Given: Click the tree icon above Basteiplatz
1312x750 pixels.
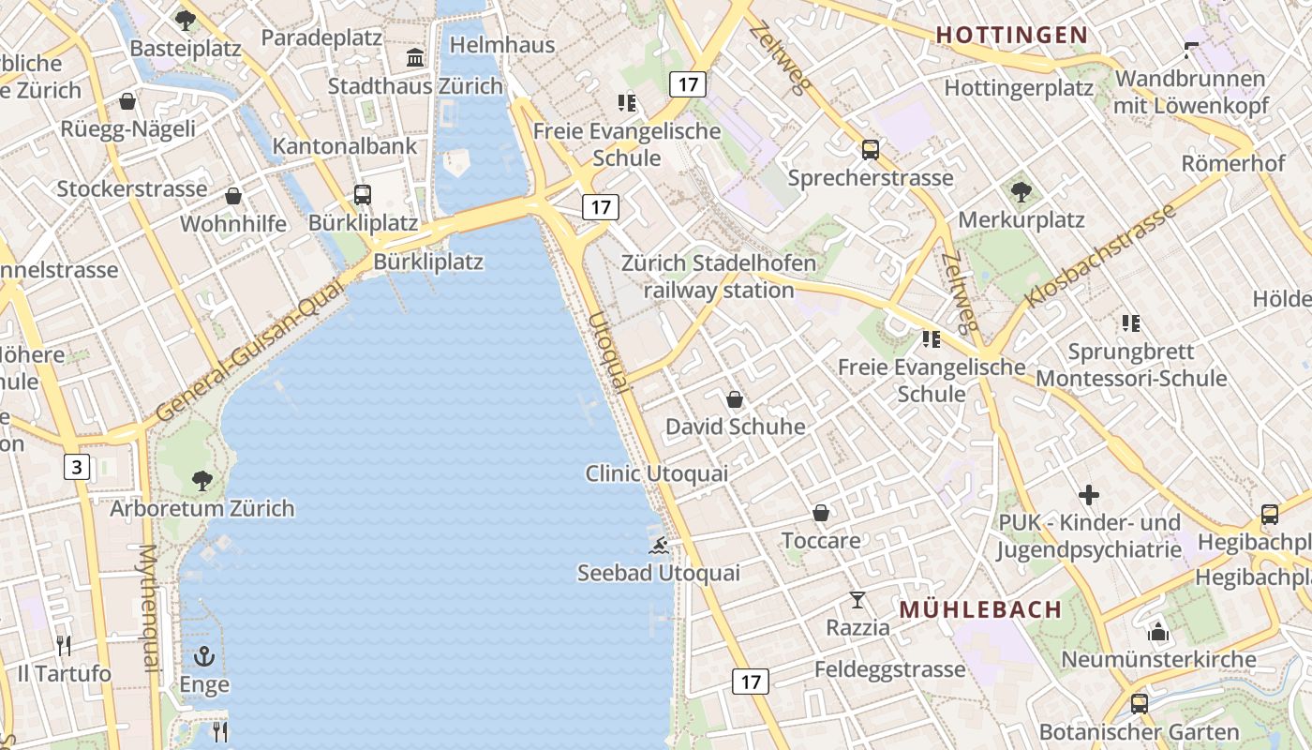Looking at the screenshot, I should pyautogui.click(x=186, y=20).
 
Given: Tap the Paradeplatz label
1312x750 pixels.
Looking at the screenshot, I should pyautogui.click(x=321, y=38).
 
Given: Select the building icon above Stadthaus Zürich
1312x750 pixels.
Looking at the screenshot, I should pyautogui.click(x=415, y=58).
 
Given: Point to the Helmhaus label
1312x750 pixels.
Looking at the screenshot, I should pyautogui.click(x=502, y=45).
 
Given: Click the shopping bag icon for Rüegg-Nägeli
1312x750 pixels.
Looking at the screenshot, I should pyautogui.click(x=127, y=101).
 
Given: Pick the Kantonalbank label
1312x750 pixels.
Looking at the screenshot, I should pyautogui.click(x=345, y=146).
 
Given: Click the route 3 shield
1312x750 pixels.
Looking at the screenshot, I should pyautogui.click(x=77, y=466).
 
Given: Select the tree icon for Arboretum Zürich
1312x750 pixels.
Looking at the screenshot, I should pyautogui.click(x=201, y=482).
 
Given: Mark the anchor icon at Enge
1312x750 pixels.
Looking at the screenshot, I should pyautogui.click(x=204, y=657).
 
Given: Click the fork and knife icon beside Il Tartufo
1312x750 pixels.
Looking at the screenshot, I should pyautogui.click(x=64, y=646).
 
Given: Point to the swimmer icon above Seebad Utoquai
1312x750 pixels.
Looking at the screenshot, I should pyautogui.click(x=659, y=546).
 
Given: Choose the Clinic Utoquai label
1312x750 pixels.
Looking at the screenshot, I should pyautogui.click(x=656, y=473).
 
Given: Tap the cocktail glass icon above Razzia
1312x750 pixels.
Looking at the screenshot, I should pyautogui.click(x=857, y=600).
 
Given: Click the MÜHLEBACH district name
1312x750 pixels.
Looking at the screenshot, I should pyautogui.click(x=980, y=609).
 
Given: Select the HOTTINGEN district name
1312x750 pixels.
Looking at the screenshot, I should pyautogui.click(x=1012, y=36).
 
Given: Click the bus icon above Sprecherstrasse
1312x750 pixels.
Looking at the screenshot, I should pyautogui.click(x=871, y=150).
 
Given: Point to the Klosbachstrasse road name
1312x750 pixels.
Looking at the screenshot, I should pyautogui.click(x=1100, y=257).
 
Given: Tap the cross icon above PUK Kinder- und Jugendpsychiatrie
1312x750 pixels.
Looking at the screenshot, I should pyautogui.click(x=1089, y=494).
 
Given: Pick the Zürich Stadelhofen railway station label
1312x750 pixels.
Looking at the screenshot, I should pyautogui.click(x=719, y=277).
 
